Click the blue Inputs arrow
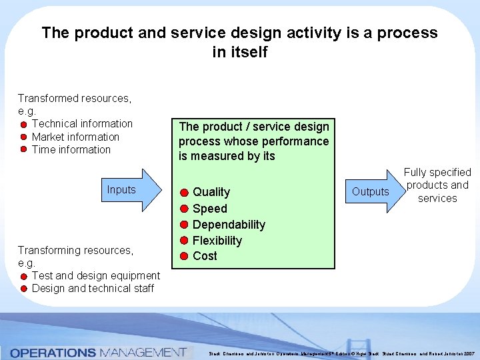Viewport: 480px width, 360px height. pos(129,190)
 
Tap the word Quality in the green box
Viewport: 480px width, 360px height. pos(211,192)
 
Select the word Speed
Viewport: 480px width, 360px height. pos(210,209)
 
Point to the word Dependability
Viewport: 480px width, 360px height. pos(229,225)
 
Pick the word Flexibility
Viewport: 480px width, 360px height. pos(217,241)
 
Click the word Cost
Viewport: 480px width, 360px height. pos(205,256)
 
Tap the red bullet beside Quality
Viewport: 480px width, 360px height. pos(184,193)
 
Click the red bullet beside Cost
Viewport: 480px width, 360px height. pos(184,257)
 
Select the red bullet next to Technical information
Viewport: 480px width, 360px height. pos(23,125)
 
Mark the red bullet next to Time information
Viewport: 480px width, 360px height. pos(23,150)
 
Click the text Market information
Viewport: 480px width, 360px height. pos(75,137)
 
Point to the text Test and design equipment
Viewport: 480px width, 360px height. pos(96,275)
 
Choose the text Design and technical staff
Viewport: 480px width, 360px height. pos(93,288)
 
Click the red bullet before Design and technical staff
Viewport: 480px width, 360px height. pos(23,289)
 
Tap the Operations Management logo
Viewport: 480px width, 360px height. pos(98,352)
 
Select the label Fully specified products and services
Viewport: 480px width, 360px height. pos(437,185)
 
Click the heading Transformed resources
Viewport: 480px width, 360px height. pos(74,98)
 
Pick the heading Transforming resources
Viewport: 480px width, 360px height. pos(75,250)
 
